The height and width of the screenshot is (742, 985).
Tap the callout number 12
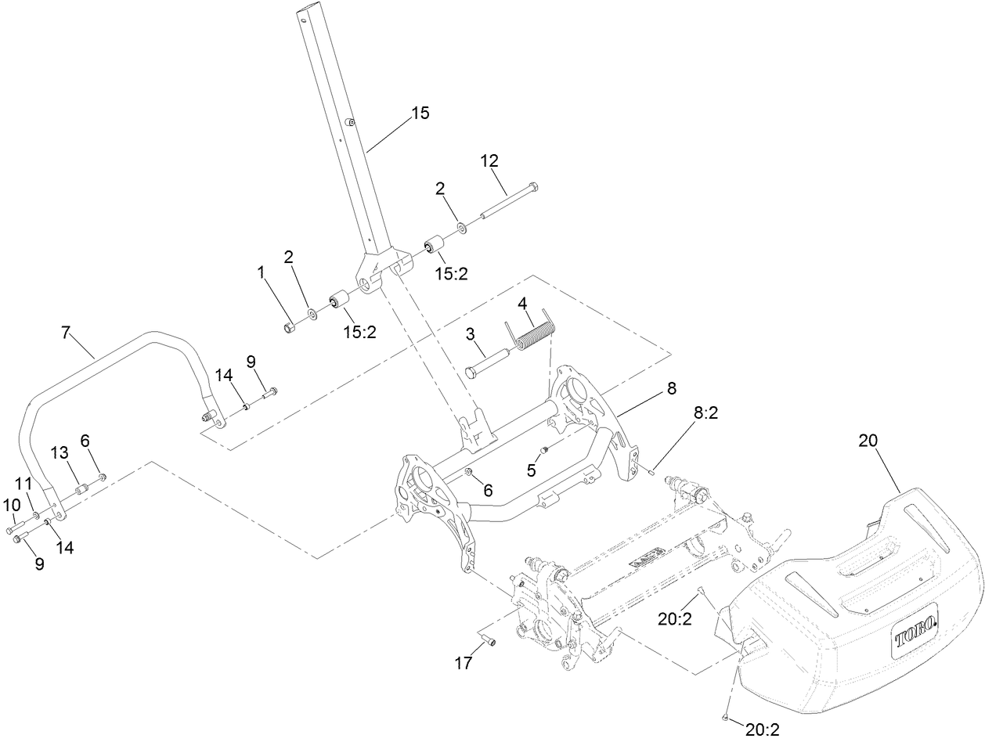tap(489, 161)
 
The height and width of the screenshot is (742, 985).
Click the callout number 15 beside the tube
tap(420, 113)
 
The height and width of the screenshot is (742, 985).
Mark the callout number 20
tap(868, 441)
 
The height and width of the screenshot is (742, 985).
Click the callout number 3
tap(470, 334)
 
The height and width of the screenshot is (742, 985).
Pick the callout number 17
tap(464, 664)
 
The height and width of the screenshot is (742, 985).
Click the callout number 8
tap(670, 388)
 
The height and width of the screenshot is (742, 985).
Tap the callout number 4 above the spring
tap(521, 303)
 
